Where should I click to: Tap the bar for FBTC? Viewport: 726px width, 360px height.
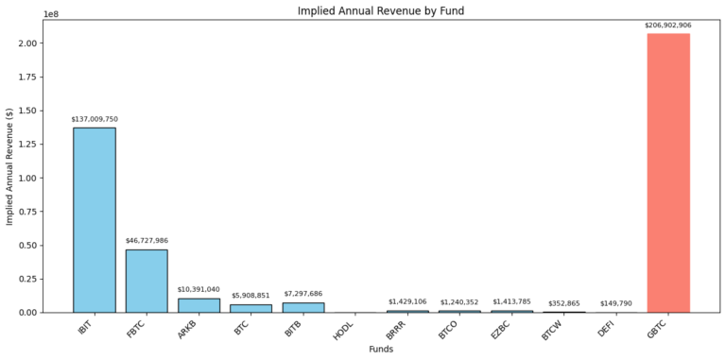tap(147, 281)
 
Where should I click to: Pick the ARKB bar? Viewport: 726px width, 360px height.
tap(199, 305)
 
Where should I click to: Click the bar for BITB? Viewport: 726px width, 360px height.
tap(302, 307)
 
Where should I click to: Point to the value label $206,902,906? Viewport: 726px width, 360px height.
tap(668, 25)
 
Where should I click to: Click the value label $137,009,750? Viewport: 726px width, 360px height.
tap(95, 119)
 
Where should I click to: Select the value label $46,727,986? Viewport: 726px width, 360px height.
tap(147, 241)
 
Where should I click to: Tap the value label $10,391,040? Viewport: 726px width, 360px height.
tap(199, 289)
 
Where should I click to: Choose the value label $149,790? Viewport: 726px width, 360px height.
tap(616, 303)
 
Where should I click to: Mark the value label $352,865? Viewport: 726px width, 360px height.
tap(564, 302)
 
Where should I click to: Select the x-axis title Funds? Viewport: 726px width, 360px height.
tap(381, 350)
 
